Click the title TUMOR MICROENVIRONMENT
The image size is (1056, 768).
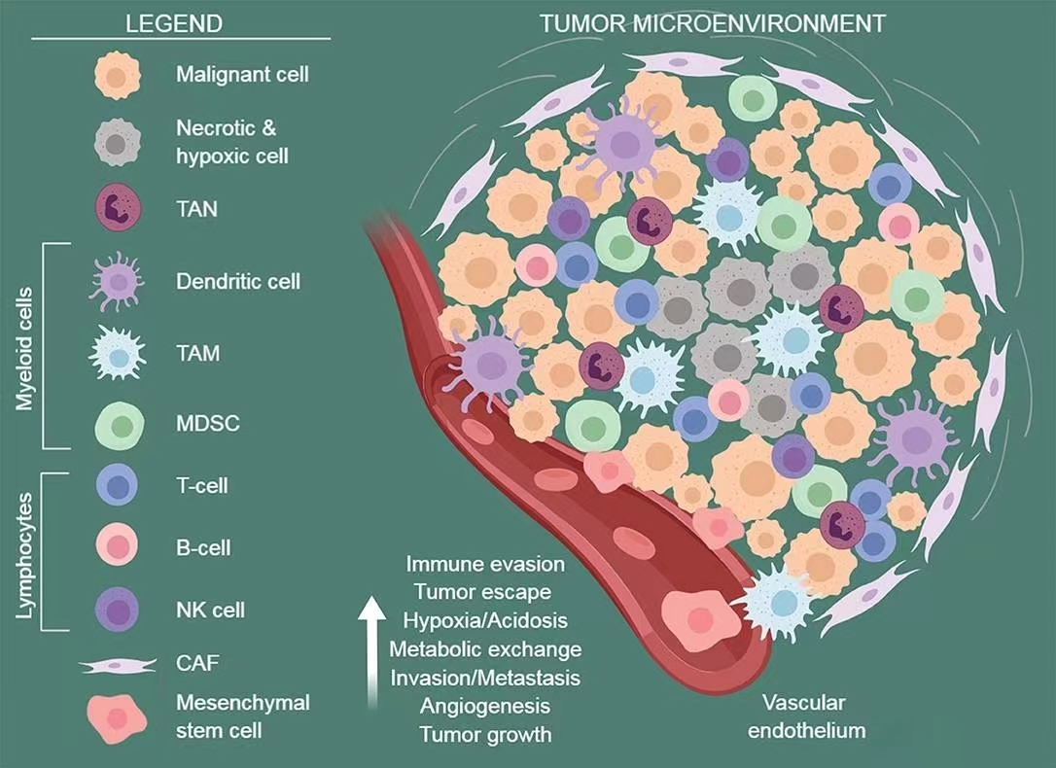(x=713, y=23)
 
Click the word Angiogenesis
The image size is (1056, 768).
(x=485, y=705)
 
